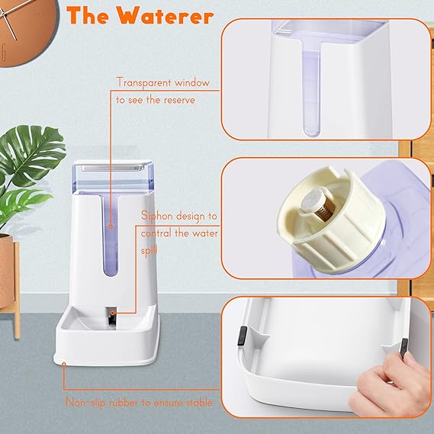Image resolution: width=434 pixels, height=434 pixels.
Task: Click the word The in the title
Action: [x=90, y=17]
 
